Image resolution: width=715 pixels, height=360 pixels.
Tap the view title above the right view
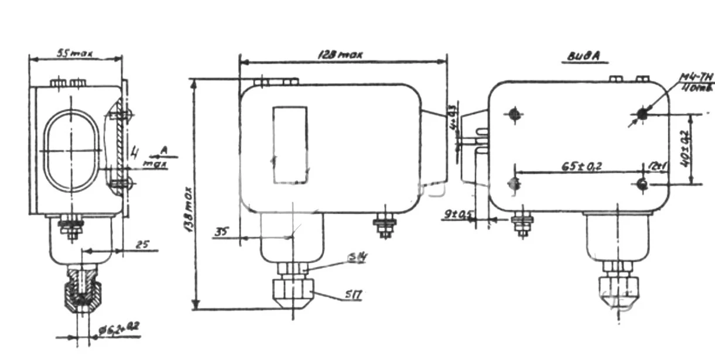pos(585,57)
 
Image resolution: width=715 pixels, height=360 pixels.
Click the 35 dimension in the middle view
pos(220,232)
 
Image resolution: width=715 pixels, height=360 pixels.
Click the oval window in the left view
pos(72,151)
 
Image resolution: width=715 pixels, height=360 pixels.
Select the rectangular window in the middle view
pos(290,145)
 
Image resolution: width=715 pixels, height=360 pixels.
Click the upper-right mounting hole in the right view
pos(642,114)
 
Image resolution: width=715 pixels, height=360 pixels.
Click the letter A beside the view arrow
pos(165,152)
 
